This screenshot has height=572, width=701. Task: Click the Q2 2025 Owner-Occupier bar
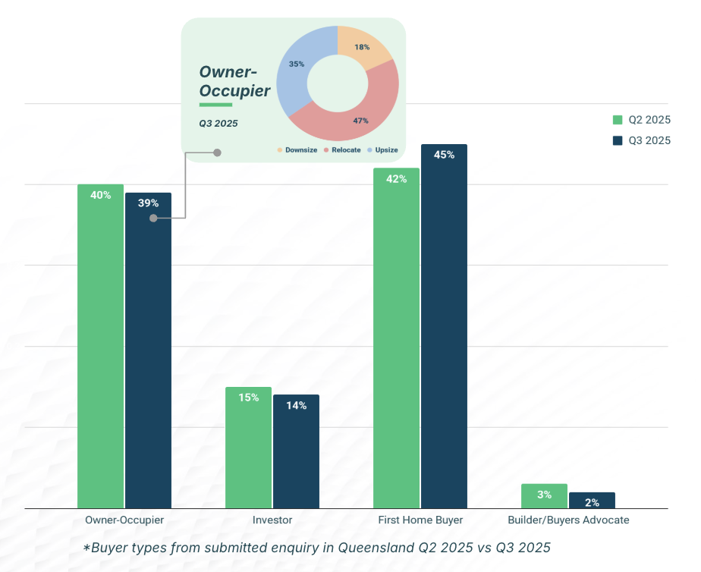pyautogui.click(x=100, y=349)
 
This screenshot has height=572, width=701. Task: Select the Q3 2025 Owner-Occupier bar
pyautogui.click(x=148, y=357)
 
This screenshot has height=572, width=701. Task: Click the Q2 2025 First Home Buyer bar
pyautogui.click(x=396, y=341)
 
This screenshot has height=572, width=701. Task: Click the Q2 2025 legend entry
pyautogui.click(x=642, y=120)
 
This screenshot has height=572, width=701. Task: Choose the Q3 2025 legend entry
pyautogui.click(x=642, y=140)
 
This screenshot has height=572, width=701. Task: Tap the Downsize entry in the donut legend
pyautogui.click(x=297, y=150)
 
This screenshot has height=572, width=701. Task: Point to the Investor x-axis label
pyautogui.click(x=272, y=520)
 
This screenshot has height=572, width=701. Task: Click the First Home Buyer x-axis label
pyautogui.click(x=420, y=520)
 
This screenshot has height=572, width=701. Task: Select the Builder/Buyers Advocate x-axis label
pyautogui.click(x=568, y=520)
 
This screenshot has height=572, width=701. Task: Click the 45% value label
pyautogui.click(x=444, y=155)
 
